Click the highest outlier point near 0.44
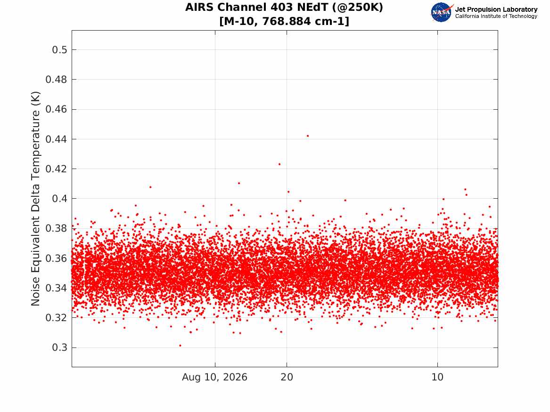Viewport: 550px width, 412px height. [x=308, y=136]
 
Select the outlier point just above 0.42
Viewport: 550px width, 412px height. [x=279, y=164]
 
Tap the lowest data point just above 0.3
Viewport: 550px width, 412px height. [x=181, y=346]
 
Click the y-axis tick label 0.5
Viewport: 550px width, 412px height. [x=60, y=50]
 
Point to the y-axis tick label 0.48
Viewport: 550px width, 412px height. [x=56, y=80]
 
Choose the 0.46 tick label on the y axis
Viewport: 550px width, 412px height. [x=56, y=109]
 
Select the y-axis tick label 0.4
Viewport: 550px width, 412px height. [x=60, y=199]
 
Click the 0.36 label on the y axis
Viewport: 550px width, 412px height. [x=56, y=258]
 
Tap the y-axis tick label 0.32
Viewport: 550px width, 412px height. [x=56, y=318]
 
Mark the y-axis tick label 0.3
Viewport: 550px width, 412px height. [x=60, y=347]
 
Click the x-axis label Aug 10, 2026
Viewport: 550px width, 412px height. [x=214, y=377]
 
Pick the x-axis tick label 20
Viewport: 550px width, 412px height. [x=287, y=377]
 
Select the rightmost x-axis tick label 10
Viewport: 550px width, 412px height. [x=437, y=377]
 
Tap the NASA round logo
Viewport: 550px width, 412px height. [x=442, y=13]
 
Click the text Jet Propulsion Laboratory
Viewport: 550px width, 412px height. [x=496, y=9]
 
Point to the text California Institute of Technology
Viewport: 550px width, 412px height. [x=496, y=16]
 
